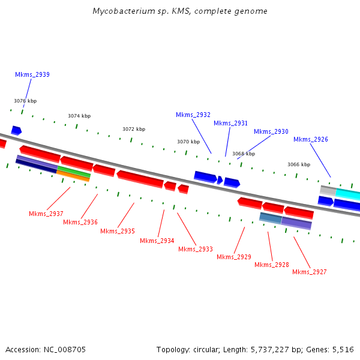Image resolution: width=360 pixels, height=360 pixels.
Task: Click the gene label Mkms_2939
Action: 32,75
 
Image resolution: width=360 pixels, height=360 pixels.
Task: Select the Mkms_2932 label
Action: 193,115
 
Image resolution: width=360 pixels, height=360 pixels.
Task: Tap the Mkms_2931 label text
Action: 230,123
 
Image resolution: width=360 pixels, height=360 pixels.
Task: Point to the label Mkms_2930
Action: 271,131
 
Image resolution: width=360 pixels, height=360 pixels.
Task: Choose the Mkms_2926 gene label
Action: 311,140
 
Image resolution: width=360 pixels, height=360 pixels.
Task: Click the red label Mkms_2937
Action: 46,214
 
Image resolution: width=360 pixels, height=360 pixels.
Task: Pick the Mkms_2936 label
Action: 80,222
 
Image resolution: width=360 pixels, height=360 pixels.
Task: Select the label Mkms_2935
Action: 118,231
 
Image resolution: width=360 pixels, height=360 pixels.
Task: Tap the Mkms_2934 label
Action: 157,241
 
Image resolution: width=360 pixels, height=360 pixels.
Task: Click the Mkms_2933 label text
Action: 196,249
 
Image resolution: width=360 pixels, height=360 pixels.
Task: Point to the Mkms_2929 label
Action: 234,257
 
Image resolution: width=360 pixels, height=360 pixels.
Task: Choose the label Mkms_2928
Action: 272,265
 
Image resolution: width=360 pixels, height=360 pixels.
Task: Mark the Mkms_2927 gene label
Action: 310,272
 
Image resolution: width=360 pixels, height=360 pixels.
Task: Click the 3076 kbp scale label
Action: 25,101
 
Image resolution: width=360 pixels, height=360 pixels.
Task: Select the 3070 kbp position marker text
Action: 188,142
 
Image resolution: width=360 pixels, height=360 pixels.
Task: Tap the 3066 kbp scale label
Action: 299,164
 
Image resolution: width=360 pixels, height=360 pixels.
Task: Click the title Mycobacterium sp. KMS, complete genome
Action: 180,11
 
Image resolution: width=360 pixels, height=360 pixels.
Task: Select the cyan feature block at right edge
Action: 348,194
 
